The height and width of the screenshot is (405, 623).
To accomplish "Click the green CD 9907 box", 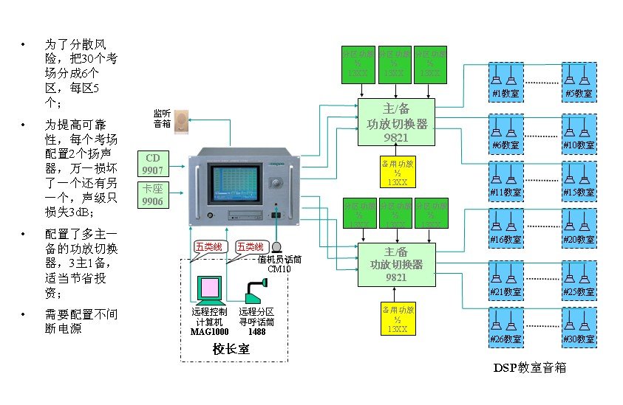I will click(152, 164).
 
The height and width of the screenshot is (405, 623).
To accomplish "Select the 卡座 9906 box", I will click(152, 194).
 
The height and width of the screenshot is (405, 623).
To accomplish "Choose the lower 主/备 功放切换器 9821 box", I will click(396, 264).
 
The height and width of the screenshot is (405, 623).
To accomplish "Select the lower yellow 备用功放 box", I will click(396, 317).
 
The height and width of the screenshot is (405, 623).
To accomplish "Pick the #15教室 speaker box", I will click(579, 180).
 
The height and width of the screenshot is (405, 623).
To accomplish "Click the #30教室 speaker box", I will click(579, 328).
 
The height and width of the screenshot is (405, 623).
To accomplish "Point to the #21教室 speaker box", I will click(505, 280).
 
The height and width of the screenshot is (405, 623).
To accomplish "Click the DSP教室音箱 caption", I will click(529, 367).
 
